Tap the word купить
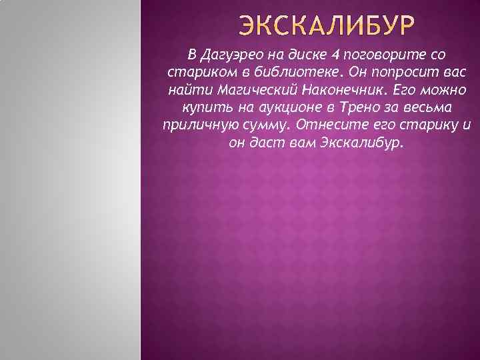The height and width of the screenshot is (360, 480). [x=203, y=107]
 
